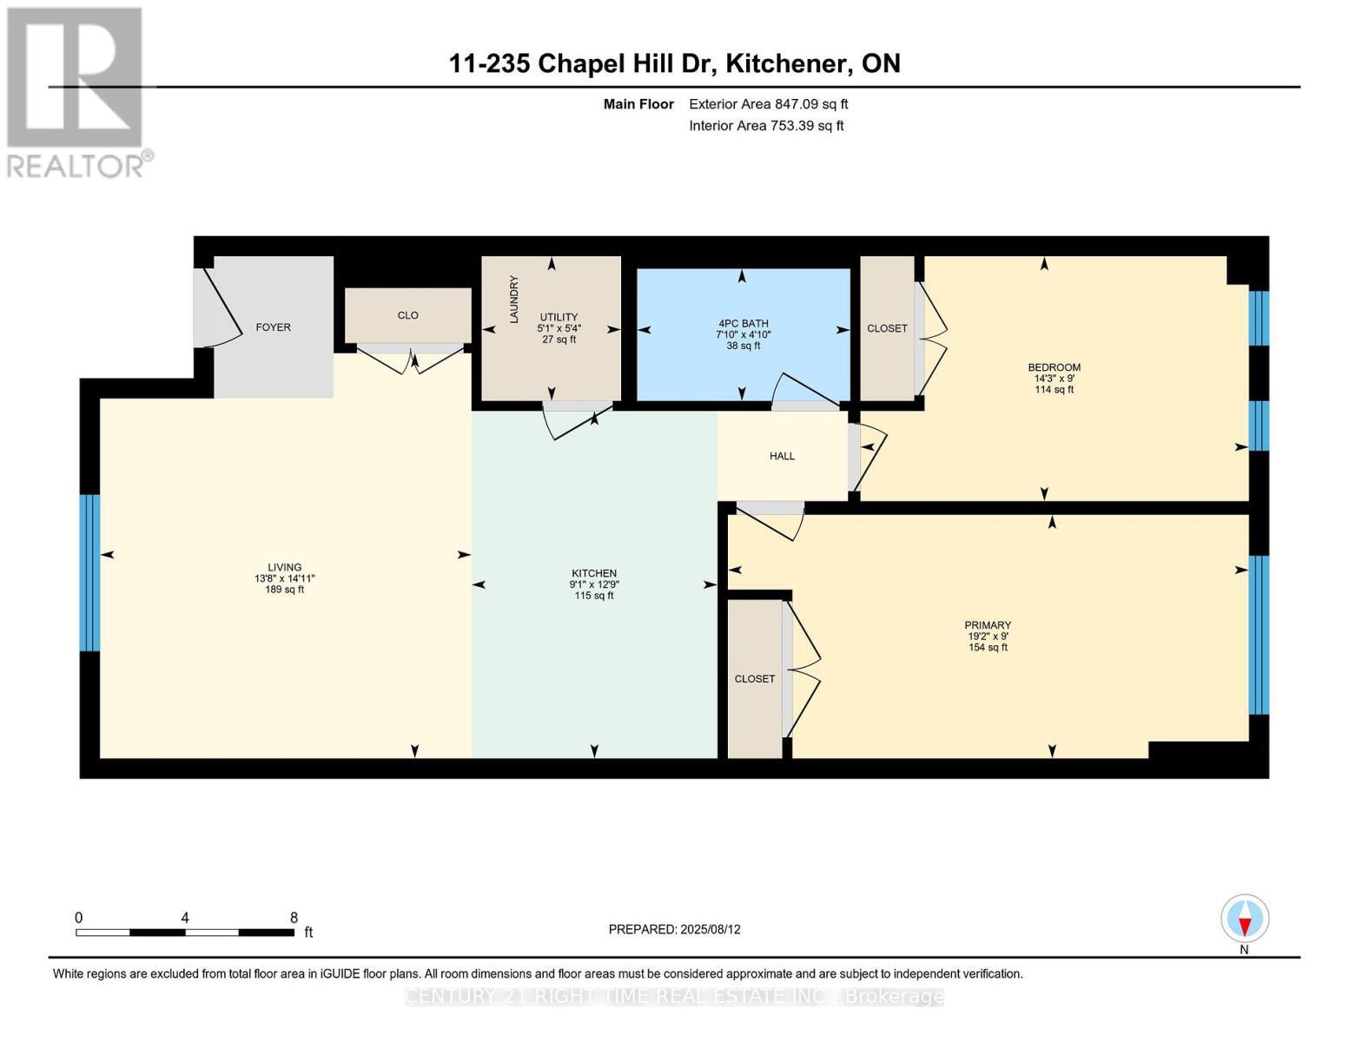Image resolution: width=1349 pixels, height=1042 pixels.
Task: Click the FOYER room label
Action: tap(273, 327)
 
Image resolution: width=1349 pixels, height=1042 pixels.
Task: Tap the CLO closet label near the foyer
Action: tap(407, 315)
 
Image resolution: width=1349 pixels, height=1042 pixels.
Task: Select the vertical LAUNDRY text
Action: tap(513, 300)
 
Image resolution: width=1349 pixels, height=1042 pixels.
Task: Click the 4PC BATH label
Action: tap(742, 323)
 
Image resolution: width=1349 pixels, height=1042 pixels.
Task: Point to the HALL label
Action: tap(782, 456)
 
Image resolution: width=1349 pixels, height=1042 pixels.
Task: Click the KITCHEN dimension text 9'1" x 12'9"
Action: tap(594, 584)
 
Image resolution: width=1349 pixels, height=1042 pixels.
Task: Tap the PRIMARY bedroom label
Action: tap(988, 625)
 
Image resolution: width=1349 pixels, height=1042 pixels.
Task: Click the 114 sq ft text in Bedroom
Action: tap(1054, 390)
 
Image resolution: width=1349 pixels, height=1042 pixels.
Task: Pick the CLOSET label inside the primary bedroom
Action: tap(754, 679)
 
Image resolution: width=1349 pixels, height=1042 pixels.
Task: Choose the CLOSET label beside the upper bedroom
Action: tap(887, 328)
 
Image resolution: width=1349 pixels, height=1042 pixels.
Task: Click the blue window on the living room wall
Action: tap(89, 572)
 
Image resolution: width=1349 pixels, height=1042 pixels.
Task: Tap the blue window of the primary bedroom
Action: tap(1259, 634)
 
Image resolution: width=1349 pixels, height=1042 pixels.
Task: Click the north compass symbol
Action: tap(1245, 919)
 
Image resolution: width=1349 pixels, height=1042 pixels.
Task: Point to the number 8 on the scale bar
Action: tap(294, 918)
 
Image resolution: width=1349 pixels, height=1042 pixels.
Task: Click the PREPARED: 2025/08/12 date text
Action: tap(674, 929)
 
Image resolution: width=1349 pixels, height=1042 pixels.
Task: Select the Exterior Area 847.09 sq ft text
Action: tap(768, 104)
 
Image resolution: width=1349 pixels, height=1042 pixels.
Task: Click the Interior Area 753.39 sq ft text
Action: tap(766, 126)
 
